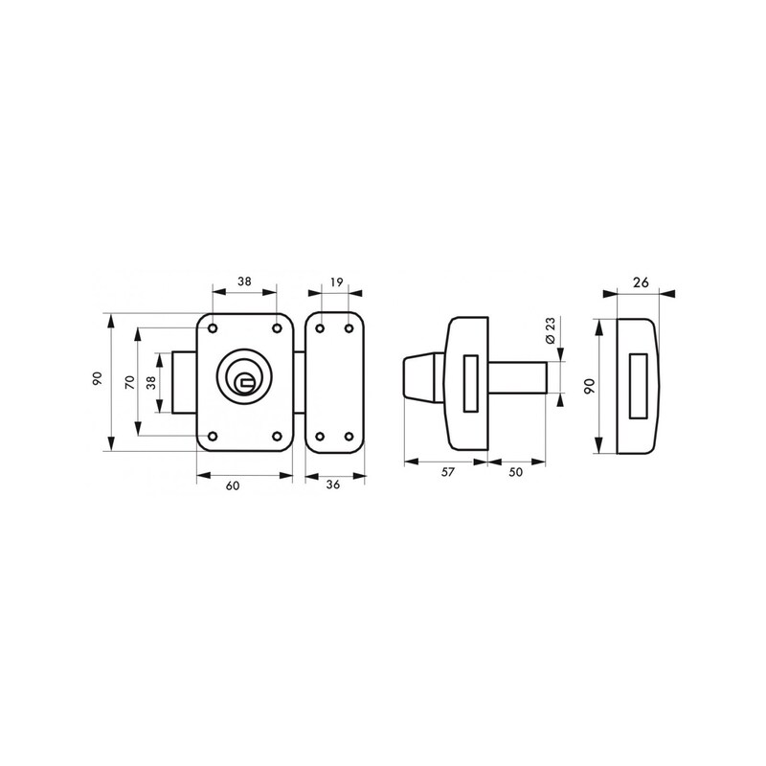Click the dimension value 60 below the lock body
[233, 485]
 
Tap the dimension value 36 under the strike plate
[332, 484]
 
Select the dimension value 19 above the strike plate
[337, 282]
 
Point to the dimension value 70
[130, 382]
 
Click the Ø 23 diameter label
[551, 330]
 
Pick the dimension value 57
[447, 472]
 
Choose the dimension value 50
[515, 472]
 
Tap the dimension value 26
[641, 282]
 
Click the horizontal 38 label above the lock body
[244, 282]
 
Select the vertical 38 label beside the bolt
[151, 382]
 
